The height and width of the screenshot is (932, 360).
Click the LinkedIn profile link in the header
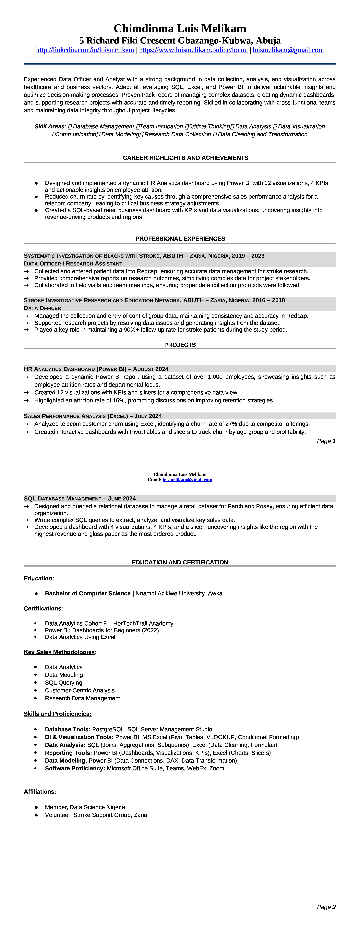coord(85,50)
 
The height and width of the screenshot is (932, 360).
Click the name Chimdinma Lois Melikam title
coord(180,28)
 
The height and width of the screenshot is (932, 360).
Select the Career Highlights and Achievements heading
coord(185,158)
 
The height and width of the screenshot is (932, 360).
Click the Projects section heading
coord(180,345)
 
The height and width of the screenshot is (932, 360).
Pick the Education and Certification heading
coord(180,562)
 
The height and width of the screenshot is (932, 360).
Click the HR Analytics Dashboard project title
coord(96,369)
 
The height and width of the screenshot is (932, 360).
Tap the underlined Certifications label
coord(43,608)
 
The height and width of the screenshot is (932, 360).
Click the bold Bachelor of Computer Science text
coord(88,593)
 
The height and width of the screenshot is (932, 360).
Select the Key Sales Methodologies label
coord(59,652)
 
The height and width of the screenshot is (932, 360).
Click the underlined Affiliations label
coord(40,792)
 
